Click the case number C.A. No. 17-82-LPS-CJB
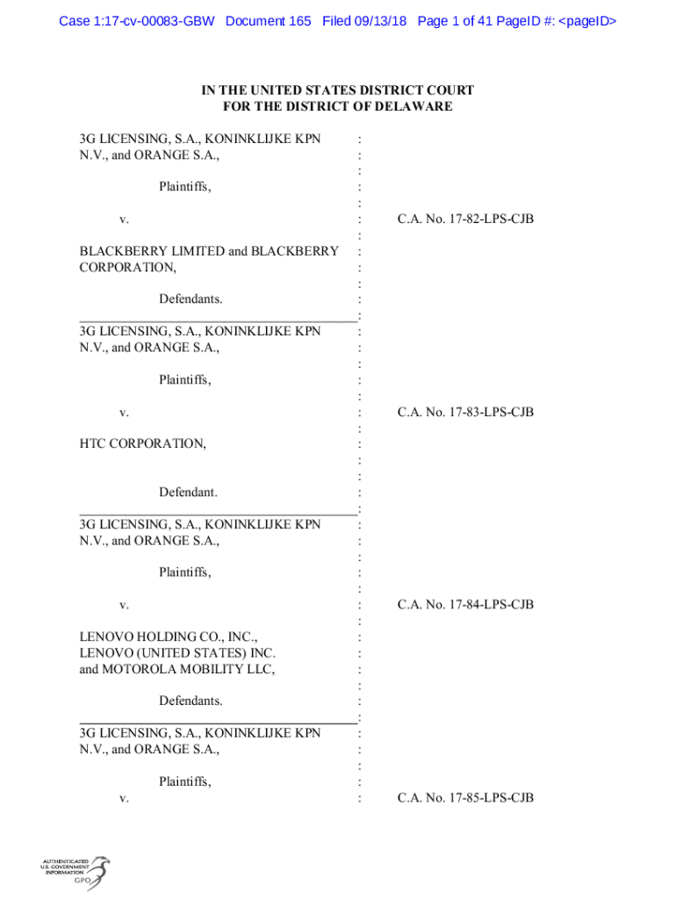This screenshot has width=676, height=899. tap(465, 219)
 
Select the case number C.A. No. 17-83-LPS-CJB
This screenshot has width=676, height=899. tap(465, 412)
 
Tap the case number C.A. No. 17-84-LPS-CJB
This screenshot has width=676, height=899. tap(465, 604)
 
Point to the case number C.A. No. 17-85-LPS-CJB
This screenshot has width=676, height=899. tap(465, 797)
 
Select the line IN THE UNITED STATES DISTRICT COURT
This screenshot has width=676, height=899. tap(338, 90)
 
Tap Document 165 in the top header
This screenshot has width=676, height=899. tap(268, 20)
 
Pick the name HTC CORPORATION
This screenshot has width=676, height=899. tap(143, 443)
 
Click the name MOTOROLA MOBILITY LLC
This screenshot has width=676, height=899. tap(177, 669)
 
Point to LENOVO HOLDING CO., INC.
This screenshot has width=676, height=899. tap(169, 636)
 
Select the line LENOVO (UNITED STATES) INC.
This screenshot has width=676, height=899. tap(177, 652)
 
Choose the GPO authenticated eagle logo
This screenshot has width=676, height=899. tap(75, 873)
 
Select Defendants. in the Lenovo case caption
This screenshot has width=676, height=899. tap(191, 701)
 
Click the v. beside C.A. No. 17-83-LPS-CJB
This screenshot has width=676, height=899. tap(125, 412)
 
